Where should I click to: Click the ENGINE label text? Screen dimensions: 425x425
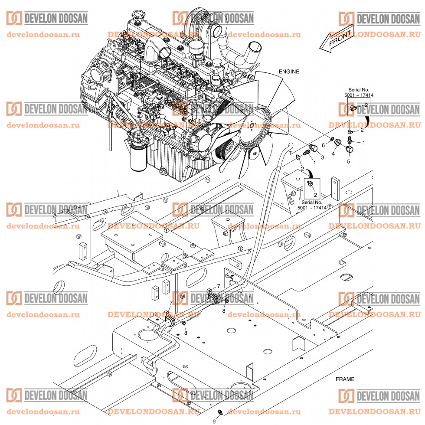pyautogui.click(x=289, y=72)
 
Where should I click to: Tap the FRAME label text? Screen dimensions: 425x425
pyautogui.click(x=345, y=379)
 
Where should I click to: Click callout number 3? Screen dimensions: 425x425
pyautogui.click(x=322, y=158)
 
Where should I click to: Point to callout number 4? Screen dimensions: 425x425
pyautogui.click(x=333, y=154)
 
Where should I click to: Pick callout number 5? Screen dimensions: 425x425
pyautogui.click(x=348, y=162)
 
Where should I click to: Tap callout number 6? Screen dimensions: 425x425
pyautogui.click(x=324, y=145)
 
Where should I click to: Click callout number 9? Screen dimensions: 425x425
pyautogui.click(x=214, y=421)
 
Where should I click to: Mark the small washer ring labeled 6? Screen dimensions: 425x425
pyautogui.click(x=332, y=140)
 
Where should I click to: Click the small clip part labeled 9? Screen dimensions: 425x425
pyautogui.click(x=220, y=413)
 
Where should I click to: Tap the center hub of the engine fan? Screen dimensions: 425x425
pyautogui.click(x=252, y=126)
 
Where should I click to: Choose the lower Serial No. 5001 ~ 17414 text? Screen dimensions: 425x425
pyautogui.click(x=312, y=205)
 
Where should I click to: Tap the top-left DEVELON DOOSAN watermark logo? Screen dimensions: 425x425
pyautogui.click(x=47, y=18)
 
